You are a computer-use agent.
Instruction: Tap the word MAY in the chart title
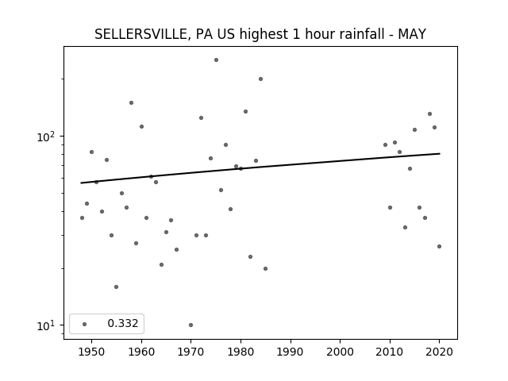click(412, 34)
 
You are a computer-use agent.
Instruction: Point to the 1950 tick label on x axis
click(92, 352)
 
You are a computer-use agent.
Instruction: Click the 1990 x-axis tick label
click(291, 352)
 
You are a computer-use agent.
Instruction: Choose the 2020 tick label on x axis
click(439, 352)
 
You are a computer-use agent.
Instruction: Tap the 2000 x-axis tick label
click(341, 352)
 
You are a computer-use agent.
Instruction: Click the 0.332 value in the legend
click(123, 323)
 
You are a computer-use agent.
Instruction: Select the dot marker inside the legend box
click(85, 325)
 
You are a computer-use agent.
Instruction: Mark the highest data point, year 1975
click(216, 60)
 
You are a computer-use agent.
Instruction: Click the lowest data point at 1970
click(190, 325)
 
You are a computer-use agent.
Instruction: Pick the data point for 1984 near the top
click(260, 79)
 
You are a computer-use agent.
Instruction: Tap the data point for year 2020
click(439, 247)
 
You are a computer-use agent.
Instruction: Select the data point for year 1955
click(117, 287)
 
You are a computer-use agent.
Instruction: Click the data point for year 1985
click(265, 268)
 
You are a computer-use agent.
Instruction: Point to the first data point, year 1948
click(82, 218)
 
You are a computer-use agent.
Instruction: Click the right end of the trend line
click(440, 153)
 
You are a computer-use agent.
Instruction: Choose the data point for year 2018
click(429, 114)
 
